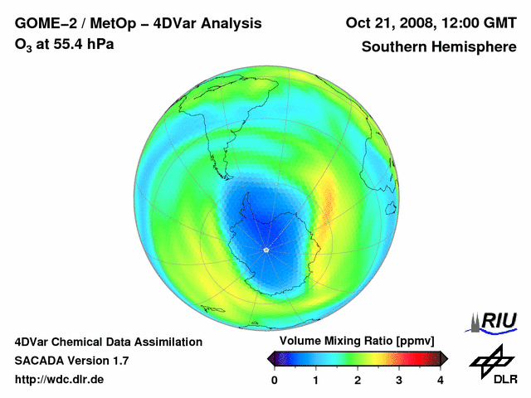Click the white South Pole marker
(265, 249)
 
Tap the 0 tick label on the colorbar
(275, 380)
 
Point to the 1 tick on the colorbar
(316, 380)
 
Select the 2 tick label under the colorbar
(358, 380)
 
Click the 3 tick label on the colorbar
(399, 380)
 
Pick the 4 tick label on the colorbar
(441, 380)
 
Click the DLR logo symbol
(491, 359)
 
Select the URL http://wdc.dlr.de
(60, 380)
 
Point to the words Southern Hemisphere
(439, 47)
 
